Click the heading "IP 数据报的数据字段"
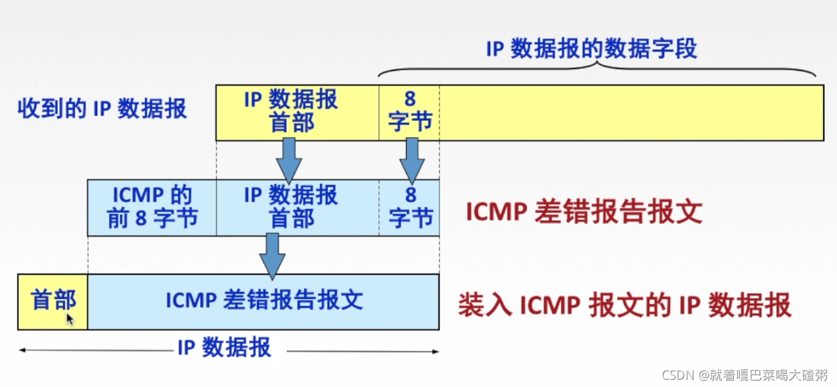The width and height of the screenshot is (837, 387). coord(591,49)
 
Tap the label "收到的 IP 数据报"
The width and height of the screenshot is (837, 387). coord(102,108)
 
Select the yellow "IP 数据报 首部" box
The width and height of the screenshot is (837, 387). coord(297,112)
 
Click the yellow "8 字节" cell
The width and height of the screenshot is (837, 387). coord(409,112)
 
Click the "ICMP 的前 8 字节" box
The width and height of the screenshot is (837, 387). coord(152,208)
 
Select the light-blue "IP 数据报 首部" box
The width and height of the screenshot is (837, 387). coord(297,208)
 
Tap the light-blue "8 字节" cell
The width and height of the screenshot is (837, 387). coord(409,208)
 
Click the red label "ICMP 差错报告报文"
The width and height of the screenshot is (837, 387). coord(584,212)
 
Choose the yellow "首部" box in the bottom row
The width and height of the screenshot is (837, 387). coord(53,302)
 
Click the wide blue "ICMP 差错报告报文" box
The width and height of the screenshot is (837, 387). coord(263,302)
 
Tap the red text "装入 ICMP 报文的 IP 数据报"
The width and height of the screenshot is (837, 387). coord(624,306)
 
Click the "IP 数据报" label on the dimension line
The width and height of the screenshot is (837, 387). coord(224,348)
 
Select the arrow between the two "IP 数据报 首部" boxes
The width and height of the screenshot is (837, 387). coord(288,160)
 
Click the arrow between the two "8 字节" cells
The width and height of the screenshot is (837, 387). coord(412,160)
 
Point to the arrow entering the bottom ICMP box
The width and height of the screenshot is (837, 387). coord(272,255)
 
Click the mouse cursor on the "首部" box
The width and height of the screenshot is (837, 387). coord(70,319)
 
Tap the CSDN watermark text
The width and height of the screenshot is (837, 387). coord(744,375)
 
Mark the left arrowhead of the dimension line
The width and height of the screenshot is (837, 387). coord(22,351)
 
